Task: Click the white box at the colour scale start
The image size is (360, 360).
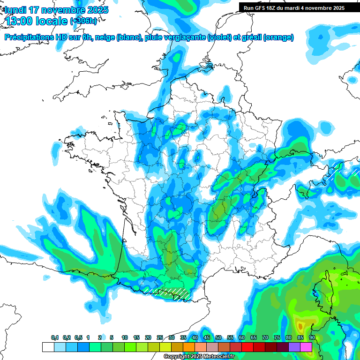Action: [48, 347]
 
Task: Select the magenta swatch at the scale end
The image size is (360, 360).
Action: [306, 347]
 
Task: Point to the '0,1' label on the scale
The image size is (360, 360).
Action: [55, 338]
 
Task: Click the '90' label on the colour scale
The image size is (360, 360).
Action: [312, 338]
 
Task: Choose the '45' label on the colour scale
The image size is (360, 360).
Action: [207, 338]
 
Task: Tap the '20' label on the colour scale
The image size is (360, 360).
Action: [148, 338]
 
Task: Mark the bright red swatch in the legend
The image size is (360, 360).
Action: [247, 347]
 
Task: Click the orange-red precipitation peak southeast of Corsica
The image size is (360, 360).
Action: [300, 325]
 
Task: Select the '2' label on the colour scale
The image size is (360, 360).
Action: [99, 338]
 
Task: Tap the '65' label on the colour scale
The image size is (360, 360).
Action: [254, 338]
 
